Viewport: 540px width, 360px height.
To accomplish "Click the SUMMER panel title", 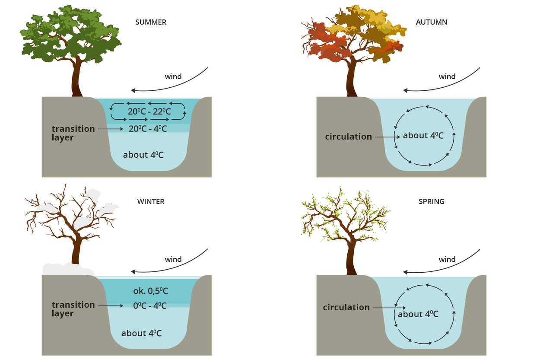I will (151, 22).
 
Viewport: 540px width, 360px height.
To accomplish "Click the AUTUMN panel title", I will (431, 22).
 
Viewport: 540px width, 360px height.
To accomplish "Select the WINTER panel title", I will (151, 201).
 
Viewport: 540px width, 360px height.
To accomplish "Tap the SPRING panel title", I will (431, 201).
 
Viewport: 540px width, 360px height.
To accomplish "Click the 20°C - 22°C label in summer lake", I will (148, 112).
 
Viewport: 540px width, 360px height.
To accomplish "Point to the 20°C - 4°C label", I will (148, 128).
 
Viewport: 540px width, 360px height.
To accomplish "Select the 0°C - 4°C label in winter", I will (149, 306).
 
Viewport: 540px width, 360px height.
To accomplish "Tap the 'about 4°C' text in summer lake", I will (143, 155).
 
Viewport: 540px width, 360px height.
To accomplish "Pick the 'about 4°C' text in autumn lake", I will (423, 136).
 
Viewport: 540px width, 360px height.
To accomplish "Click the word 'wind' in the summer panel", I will (173, 77).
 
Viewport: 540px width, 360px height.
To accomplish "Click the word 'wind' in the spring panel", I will (447, 259).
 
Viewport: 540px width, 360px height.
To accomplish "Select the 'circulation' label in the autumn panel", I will (348, 137).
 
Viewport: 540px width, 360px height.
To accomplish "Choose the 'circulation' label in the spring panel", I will (346, 307).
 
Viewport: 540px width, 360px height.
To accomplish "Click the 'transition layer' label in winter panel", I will (73, 309).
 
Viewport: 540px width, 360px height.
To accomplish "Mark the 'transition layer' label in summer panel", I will (73, 133).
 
